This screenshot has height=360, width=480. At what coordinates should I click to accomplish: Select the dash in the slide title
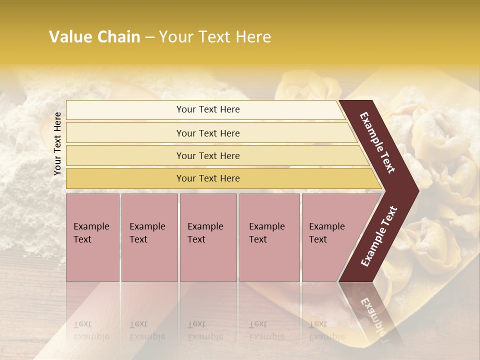(149, 37)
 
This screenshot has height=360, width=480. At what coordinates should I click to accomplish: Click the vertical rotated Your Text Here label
(57, 143)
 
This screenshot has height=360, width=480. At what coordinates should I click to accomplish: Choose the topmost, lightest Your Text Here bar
(208, 109)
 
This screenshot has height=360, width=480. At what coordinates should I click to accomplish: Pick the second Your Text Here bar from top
(208, 133)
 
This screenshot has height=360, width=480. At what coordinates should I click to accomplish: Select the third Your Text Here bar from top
(208, 155)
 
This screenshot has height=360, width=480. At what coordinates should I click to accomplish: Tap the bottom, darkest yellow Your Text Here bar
(208, 178)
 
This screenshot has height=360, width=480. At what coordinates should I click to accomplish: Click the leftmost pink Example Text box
(92, 237)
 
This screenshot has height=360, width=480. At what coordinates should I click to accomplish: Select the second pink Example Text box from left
(149, 237)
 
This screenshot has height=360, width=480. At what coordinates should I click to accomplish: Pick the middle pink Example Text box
(208, 237)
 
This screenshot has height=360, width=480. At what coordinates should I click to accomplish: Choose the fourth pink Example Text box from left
(269, 237)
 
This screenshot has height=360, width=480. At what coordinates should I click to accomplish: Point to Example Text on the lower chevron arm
(379, 236)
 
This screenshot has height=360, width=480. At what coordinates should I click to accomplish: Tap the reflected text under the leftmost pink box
(91, 330)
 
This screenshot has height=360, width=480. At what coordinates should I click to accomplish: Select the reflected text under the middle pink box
(205, 330)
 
